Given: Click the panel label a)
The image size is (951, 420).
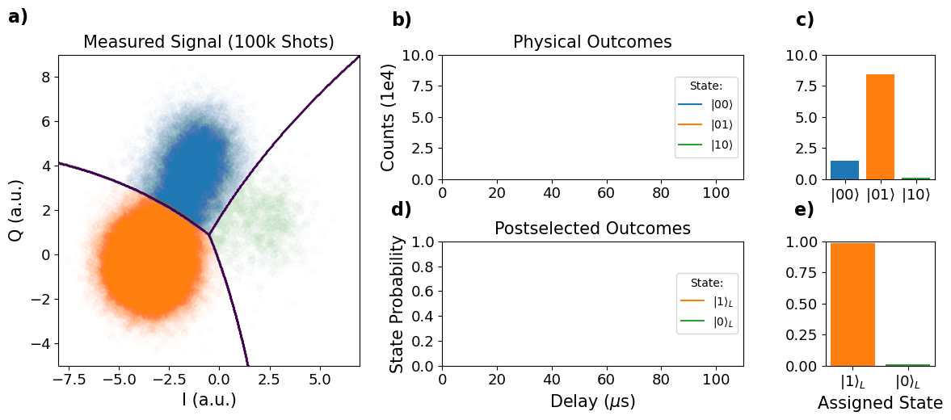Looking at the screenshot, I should [x=18, y=17].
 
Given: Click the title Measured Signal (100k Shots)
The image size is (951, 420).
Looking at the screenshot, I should [x=208, y=42].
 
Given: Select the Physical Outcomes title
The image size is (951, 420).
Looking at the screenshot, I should [x=592, y=42].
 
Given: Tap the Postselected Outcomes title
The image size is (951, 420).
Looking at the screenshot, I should [x=592, y=229].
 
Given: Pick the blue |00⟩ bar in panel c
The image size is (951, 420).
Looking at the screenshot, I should [x=844, y=170].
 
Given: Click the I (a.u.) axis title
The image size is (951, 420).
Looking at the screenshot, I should [x=208, y=400].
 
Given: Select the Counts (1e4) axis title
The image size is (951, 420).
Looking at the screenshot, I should [x=389, y=117].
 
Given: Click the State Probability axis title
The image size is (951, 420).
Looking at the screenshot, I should [x=398, y=304].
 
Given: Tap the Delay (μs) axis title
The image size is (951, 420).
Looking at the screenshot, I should [x=592, y=401].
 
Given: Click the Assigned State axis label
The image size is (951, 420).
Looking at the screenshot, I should [x=880, y=403].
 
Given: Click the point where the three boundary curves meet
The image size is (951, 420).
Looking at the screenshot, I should [x=209, y=235].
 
